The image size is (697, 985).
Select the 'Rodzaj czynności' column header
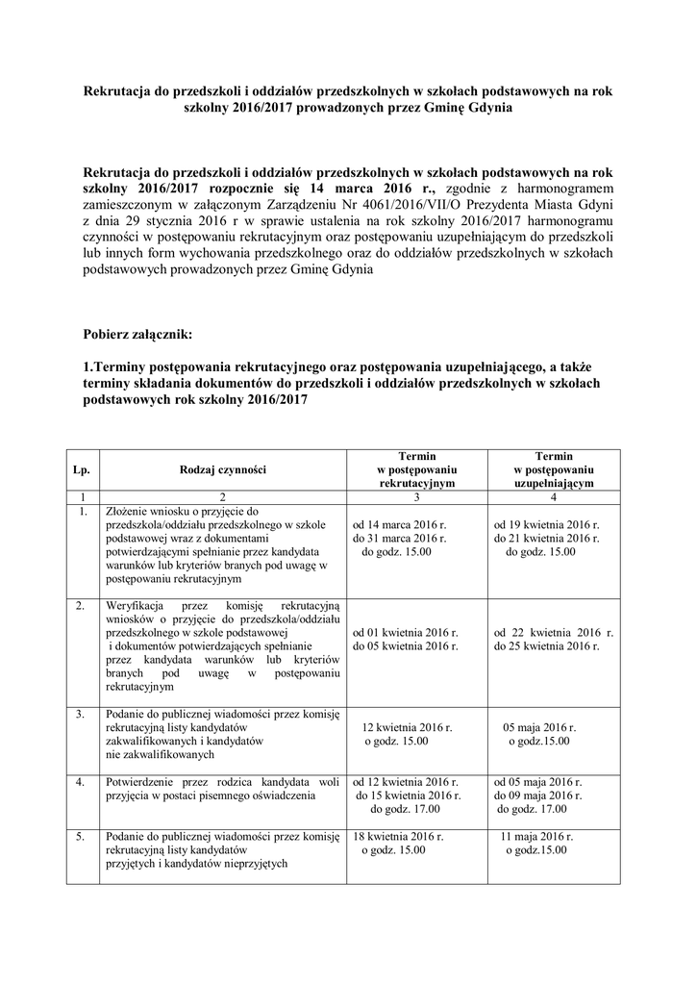[x=222, y=469]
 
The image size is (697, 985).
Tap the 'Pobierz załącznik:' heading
[x=138, y=335]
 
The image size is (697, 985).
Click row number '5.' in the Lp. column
[x=83, y=837]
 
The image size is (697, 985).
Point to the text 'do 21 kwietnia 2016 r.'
[x=546, y=539]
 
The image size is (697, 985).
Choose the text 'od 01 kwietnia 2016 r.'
[x=406, y=634]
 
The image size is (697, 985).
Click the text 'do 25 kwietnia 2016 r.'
[x=546, y=647]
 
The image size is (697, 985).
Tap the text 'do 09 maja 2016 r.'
[x=538, y=796]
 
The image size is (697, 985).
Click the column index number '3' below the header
[x=416, y=497]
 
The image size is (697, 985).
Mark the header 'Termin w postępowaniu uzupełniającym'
[x=554, y=469]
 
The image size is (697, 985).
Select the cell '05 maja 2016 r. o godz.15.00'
[x=540, y=734]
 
